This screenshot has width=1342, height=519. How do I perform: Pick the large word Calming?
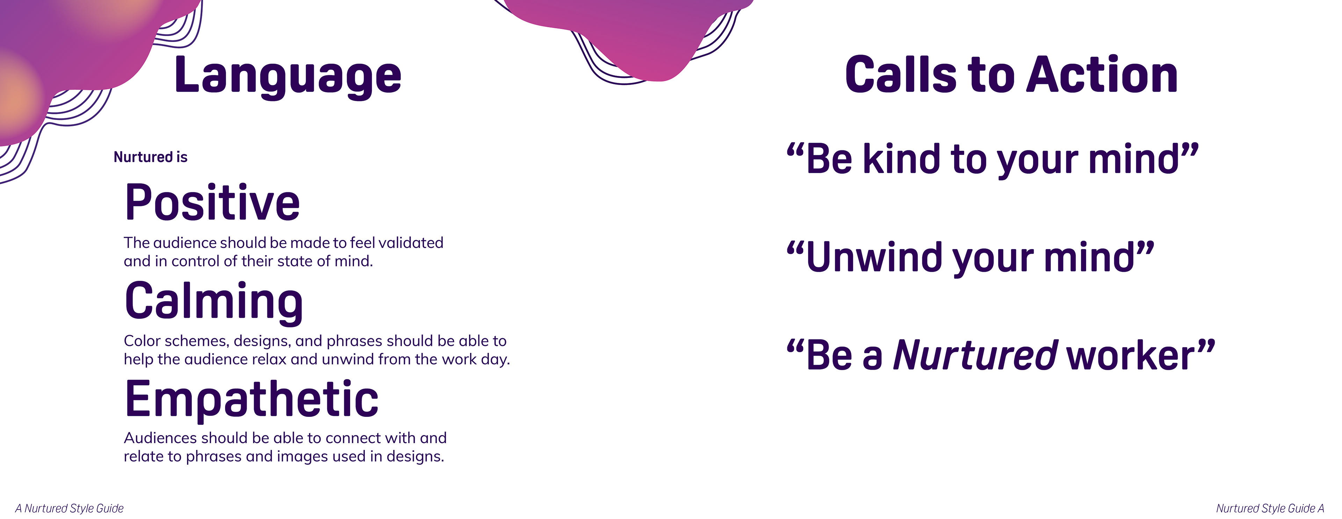click(x=214, y=301)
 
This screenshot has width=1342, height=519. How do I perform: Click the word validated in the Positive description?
click(x=411, y=242)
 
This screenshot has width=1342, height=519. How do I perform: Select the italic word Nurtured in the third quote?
click(x=975, y=355)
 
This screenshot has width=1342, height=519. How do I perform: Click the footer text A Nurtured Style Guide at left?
click(x=69, y=508)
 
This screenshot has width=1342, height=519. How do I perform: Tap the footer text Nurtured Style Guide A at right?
click(x=1270, y=508)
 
